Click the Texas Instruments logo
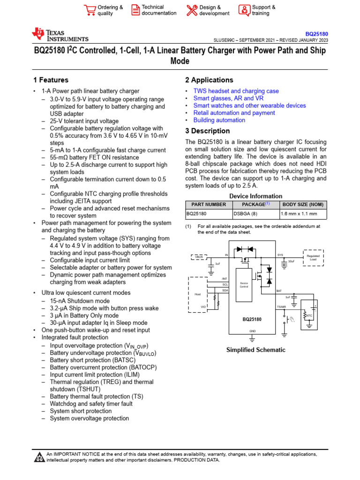60,35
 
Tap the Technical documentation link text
159,10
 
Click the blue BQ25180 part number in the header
317,34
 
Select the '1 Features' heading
51,80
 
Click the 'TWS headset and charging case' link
236,91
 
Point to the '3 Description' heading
207,131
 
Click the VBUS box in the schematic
197,256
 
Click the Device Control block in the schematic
244,285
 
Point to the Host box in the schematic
197,294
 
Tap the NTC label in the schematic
309,315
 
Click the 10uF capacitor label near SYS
292,261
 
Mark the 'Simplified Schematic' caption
255,350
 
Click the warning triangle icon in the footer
39,457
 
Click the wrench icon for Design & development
192,10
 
